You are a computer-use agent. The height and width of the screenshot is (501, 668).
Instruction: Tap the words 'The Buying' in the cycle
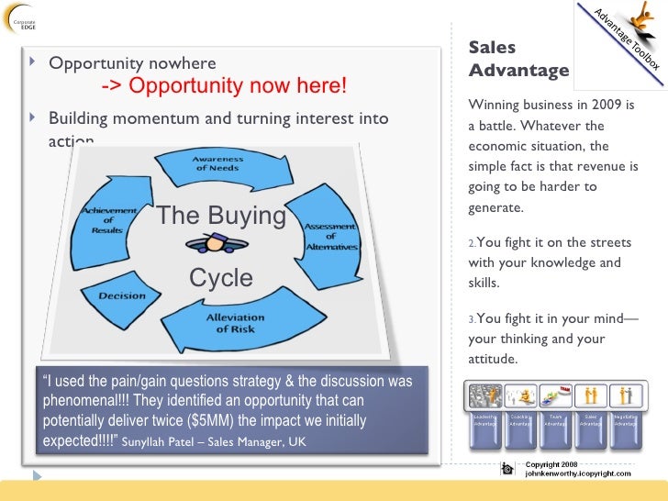click(221, 216)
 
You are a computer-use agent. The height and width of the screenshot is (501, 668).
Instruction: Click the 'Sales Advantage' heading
click(518, 59)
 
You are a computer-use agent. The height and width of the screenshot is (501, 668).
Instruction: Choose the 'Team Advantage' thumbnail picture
click(555, 396)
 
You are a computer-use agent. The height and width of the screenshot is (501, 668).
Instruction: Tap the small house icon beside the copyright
click(507, 469)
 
